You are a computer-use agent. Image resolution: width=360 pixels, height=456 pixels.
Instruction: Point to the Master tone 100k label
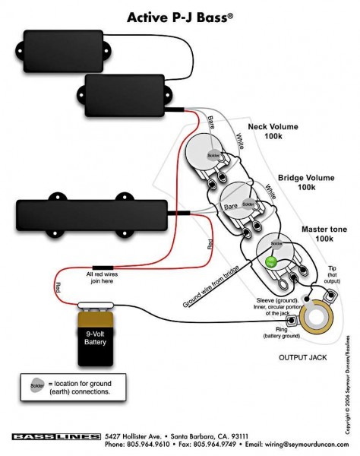(303, 233)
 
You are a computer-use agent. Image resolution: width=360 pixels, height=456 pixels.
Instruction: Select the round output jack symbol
(317, 319)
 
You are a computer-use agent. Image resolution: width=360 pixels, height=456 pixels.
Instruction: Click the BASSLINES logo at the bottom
(56, 435)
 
